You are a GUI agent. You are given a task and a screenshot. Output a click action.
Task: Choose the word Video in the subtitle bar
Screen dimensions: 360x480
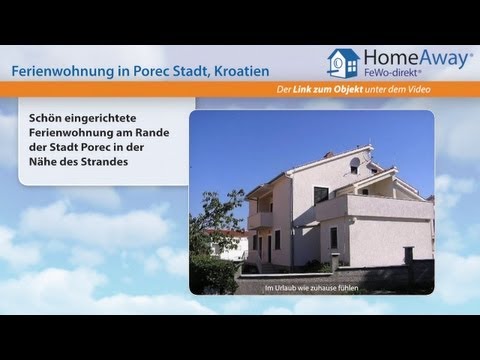(456, 92)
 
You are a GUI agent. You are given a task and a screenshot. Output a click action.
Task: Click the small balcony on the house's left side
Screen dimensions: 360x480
(259, 217)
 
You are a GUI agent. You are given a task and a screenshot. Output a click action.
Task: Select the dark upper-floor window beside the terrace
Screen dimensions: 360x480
(321, 194)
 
